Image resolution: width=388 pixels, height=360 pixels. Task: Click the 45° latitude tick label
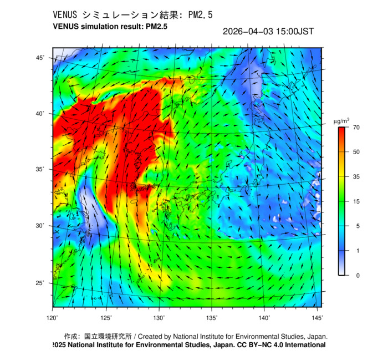(40, 58)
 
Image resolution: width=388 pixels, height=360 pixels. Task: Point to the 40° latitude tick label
(40, 113)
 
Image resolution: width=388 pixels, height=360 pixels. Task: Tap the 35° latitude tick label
(40, 169)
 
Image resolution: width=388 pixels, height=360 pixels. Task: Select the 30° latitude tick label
(40, 226)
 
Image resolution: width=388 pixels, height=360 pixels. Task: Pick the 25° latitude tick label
(40, 283)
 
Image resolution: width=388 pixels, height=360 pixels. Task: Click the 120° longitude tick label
(53, 318)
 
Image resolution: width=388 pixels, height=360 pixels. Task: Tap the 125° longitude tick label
(106, 318)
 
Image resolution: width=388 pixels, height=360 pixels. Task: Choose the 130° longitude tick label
(159, 318)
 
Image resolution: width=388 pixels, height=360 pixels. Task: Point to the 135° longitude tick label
(212, 318)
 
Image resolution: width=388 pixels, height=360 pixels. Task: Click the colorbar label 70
(357, 128)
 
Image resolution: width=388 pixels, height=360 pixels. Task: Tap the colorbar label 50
(357, 152)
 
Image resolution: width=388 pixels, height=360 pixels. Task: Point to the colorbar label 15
(357, 201)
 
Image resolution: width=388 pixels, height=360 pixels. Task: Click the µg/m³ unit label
(341, 120)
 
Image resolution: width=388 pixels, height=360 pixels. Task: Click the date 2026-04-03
(246, 32)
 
